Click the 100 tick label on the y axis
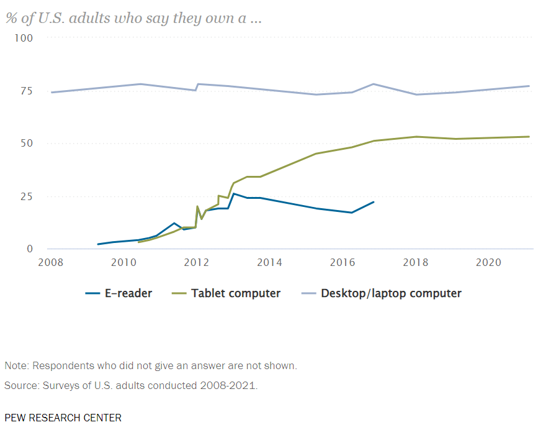pyautogui.click(x=24, y=38)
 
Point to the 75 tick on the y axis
pyautogui.click(x=26, y=91)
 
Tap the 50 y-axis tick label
pyautogui.click(x=26, y=144)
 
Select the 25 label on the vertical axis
pyautogui.click(x=26, y=196)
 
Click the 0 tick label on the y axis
pyautogui.click(x=29, y=249)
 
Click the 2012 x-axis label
pyautogui.click(x=197, y=262)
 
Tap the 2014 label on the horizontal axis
pyautogui.click(x=269, y=262)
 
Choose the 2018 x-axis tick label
pyautogui.click(x=416, y=262)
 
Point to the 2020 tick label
pyautogui.click(x=488, y=262)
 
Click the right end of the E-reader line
pyautogui.click(x=374, y=202)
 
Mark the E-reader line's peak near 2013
pyautogui.click(x=233, y=194)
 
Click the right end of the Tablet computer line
pyautogui.click(x=529, y=137)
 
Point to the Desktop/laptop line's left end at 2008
pyautogui.click(x=52, y=93)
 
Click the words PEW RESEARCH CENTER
pyautogui.click(x=63, y=418)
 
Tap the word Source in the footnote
pyautogui.click(x=20, y=385)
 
